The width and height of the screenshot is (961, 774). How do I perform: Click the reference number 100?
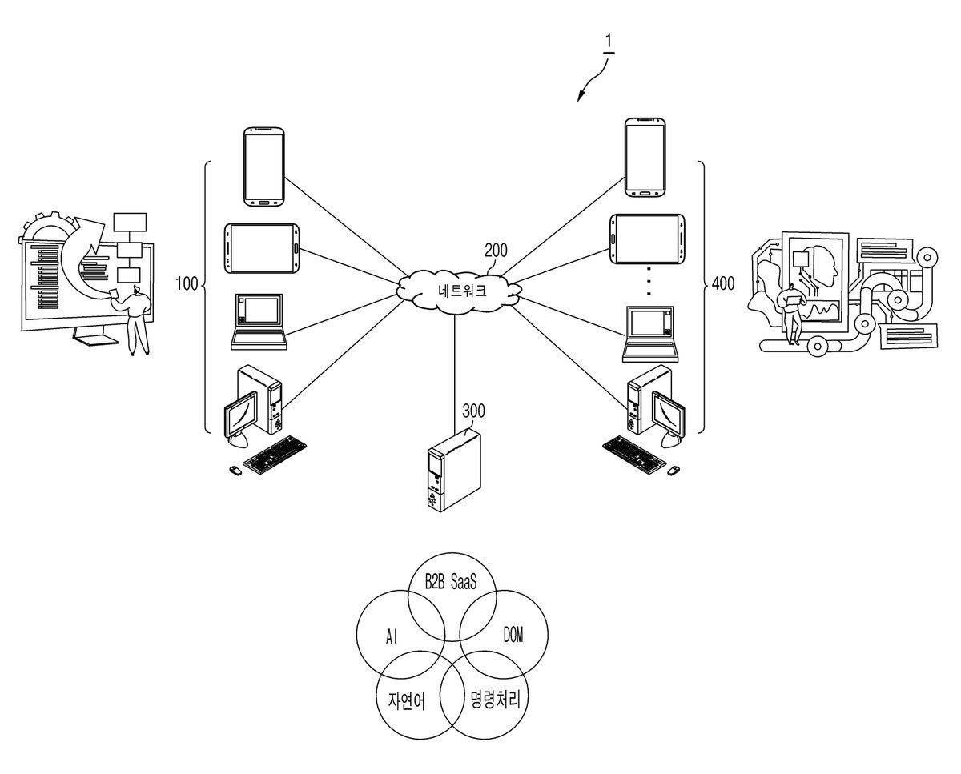click(187, 284)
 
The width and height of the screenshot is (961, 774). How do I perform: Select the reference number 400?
click(723, 283)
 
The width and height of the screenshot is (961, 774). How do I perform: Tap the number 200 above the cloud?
click(497, 251)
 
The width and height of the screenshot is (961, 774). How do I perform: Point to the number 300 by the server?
click(473, 411)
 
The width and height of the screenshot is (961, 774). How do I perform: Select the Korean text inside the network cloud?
click(462, 291)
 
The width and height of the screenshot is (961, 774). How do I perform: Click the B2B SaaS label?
click(451, 582)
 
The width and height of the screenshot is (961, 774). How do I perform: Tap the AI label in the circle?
click(391, 637)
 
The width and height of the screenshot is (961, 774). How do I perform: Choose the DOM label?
click(513, 634)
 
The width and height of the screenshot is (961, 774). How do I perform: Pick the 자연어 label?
click(406, 701)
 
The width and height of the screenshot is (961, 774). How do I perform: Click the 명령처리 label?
click(496, 699)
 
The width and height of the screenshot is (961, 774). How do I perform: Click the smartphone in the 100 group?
click(264, 166)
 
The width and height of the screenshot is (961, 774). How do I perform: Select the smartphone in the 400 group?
click(645, 158)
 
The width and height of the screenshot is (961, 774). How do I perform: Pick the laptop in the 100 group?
click(259, 322)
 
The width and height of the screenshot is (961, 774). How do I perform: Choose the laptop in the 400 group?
click(650, 334)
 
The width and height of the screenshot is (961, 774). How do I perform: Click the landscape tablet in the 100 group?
click(262, 248)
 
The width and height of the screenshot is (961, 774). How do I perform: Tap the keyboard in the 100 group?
click(275, 455)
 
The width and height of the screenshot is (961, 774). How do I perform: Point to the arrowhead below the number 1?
click(580, 96)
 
